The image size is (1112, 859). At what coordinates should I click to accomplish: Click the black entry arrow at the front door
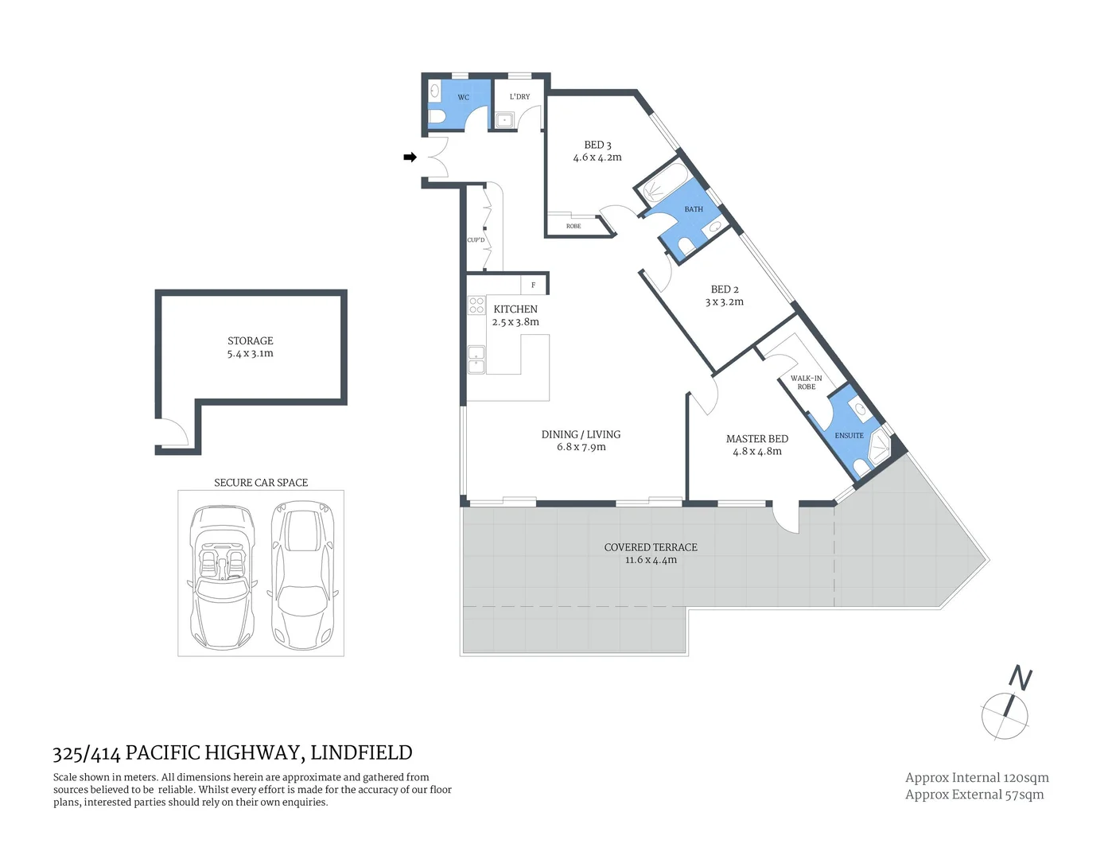pyautogui.click(x=410, y=157)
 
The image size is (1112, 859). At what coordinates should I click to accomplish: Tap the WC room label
pyautogui.click(x=463, y=98)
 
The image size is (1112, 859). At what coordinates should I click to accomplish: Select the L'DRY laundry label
pyautogui.click(x=519, y=97)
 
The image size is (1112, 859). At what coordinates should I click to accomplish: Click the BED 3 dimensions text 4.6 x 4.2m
pyautogui.click(x=597, y=157)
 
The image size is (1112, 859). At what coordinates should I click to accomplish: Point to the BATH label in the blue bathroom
pyautogui.click(x=694, y=209)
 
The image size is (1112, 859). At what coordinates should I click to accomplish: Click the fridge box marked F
pyautogui.click(x=533, y=285)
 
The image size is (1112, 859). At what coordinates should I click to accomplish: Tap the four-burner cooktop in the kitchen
pyautogui.click(x=476, y=305)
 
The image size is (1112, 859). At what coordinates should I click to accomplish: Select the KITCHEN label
pyautogui.click(x=515, y=309)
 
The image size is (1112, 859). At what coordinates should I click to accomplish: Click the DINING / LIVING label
pyautogui.click(x=581, y=434)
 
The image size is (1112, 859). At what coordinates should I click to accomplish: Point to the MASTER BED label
pyautogui.click(x=756, y=439)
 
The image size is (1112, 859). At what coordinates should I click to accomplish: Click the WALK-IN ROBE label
pyautogui.click(x=806, y=383)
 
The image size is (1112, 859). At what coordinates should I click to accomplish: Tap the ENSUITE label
pyautogui.click(x=849, y=436)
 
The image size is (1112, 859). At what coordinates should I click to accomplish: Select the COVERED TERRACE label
pyautogui.click(x=651, y=547)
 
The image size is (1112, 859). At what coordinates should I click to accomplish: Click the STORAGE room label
pyautogui.click(x=250, y=340)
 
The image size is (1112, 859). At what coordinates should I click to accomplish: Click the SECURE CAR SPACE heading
pyautogui.click(x=260, y=483)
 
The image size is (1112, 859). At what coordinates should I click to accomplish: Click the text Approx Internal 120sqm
pyautogui.click(x=976, y=778)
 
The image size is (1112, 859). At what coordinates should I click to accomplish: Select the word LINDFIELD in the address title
pyautogui.click(x=361, y=752)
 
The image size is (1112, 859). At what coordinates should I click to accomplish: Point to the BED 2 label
pyautogui.click(x=725, y=290)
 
